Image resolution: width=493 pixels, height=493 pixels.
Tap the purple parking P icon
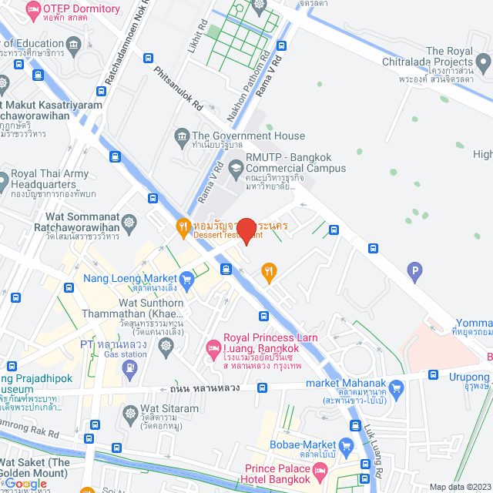(415, 270)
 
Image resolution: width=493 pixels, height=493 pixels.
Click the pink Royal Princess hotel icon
(213, 350)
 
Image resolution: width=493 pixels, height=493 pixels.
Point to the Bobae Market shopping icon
(346, 445)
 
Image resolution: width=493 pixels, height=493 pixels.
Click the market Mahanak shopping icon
(397, 387)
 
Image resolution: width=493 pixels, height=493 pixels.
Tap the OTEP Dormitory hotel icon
(33, 10)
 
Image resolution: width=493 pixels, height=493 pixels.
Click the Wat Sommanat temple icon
(129, 223)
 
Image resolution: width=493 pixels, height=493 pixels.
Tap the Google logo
(25, 484)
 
